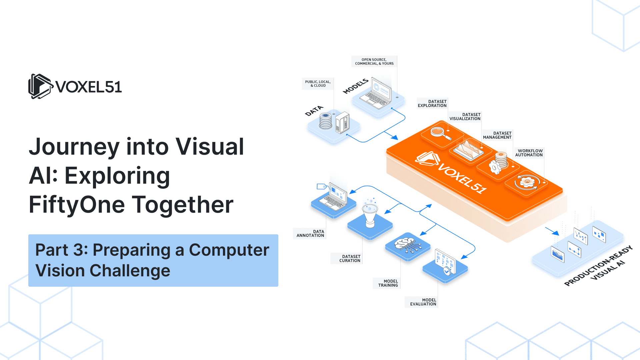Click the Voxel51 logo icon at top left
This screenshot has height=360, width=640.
40,86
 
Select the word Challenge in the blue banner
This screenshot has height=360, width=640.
130,271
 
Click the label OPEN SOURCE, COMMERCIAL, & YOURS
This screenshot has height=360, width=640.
374,62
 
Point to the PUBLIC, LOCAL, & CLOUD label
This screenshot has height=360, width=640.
318,84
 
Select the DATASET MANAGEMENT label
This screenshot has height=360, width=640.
497,135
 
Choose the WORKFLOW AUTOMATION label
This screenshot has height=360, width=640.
529,153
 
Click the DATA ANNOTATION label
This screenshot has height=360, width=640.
310,233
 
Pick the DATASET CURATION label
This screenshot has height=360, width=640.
350,259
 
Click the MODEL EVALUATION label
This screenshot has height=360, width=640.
423,302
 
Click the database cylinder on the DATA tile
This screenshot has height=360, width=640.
325,121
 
